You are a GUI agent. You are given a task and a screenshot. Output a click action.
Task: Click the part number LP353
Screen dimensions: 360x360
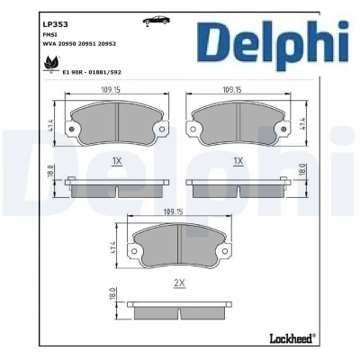[x=56, y=24]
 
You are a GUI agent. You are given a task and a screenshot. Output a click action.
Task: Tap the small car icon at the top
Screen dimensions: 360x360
[x=156, y=21]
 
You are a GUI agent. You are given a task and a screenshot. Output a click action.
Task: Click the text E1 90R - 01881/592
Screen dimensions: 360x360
[x=92, y=72]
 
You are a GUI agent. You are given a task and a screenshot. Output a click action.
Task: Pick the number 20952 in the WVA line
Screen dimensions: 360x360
[x=108, y=44]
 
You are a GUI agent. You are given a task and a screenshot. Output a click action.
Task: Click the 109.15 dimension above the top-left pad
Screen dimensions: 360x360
[x=111, y=89]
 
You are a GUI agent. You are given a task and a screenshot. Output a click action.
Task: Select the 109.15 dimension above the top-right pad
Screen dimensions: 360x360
[x=232, y=89]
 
